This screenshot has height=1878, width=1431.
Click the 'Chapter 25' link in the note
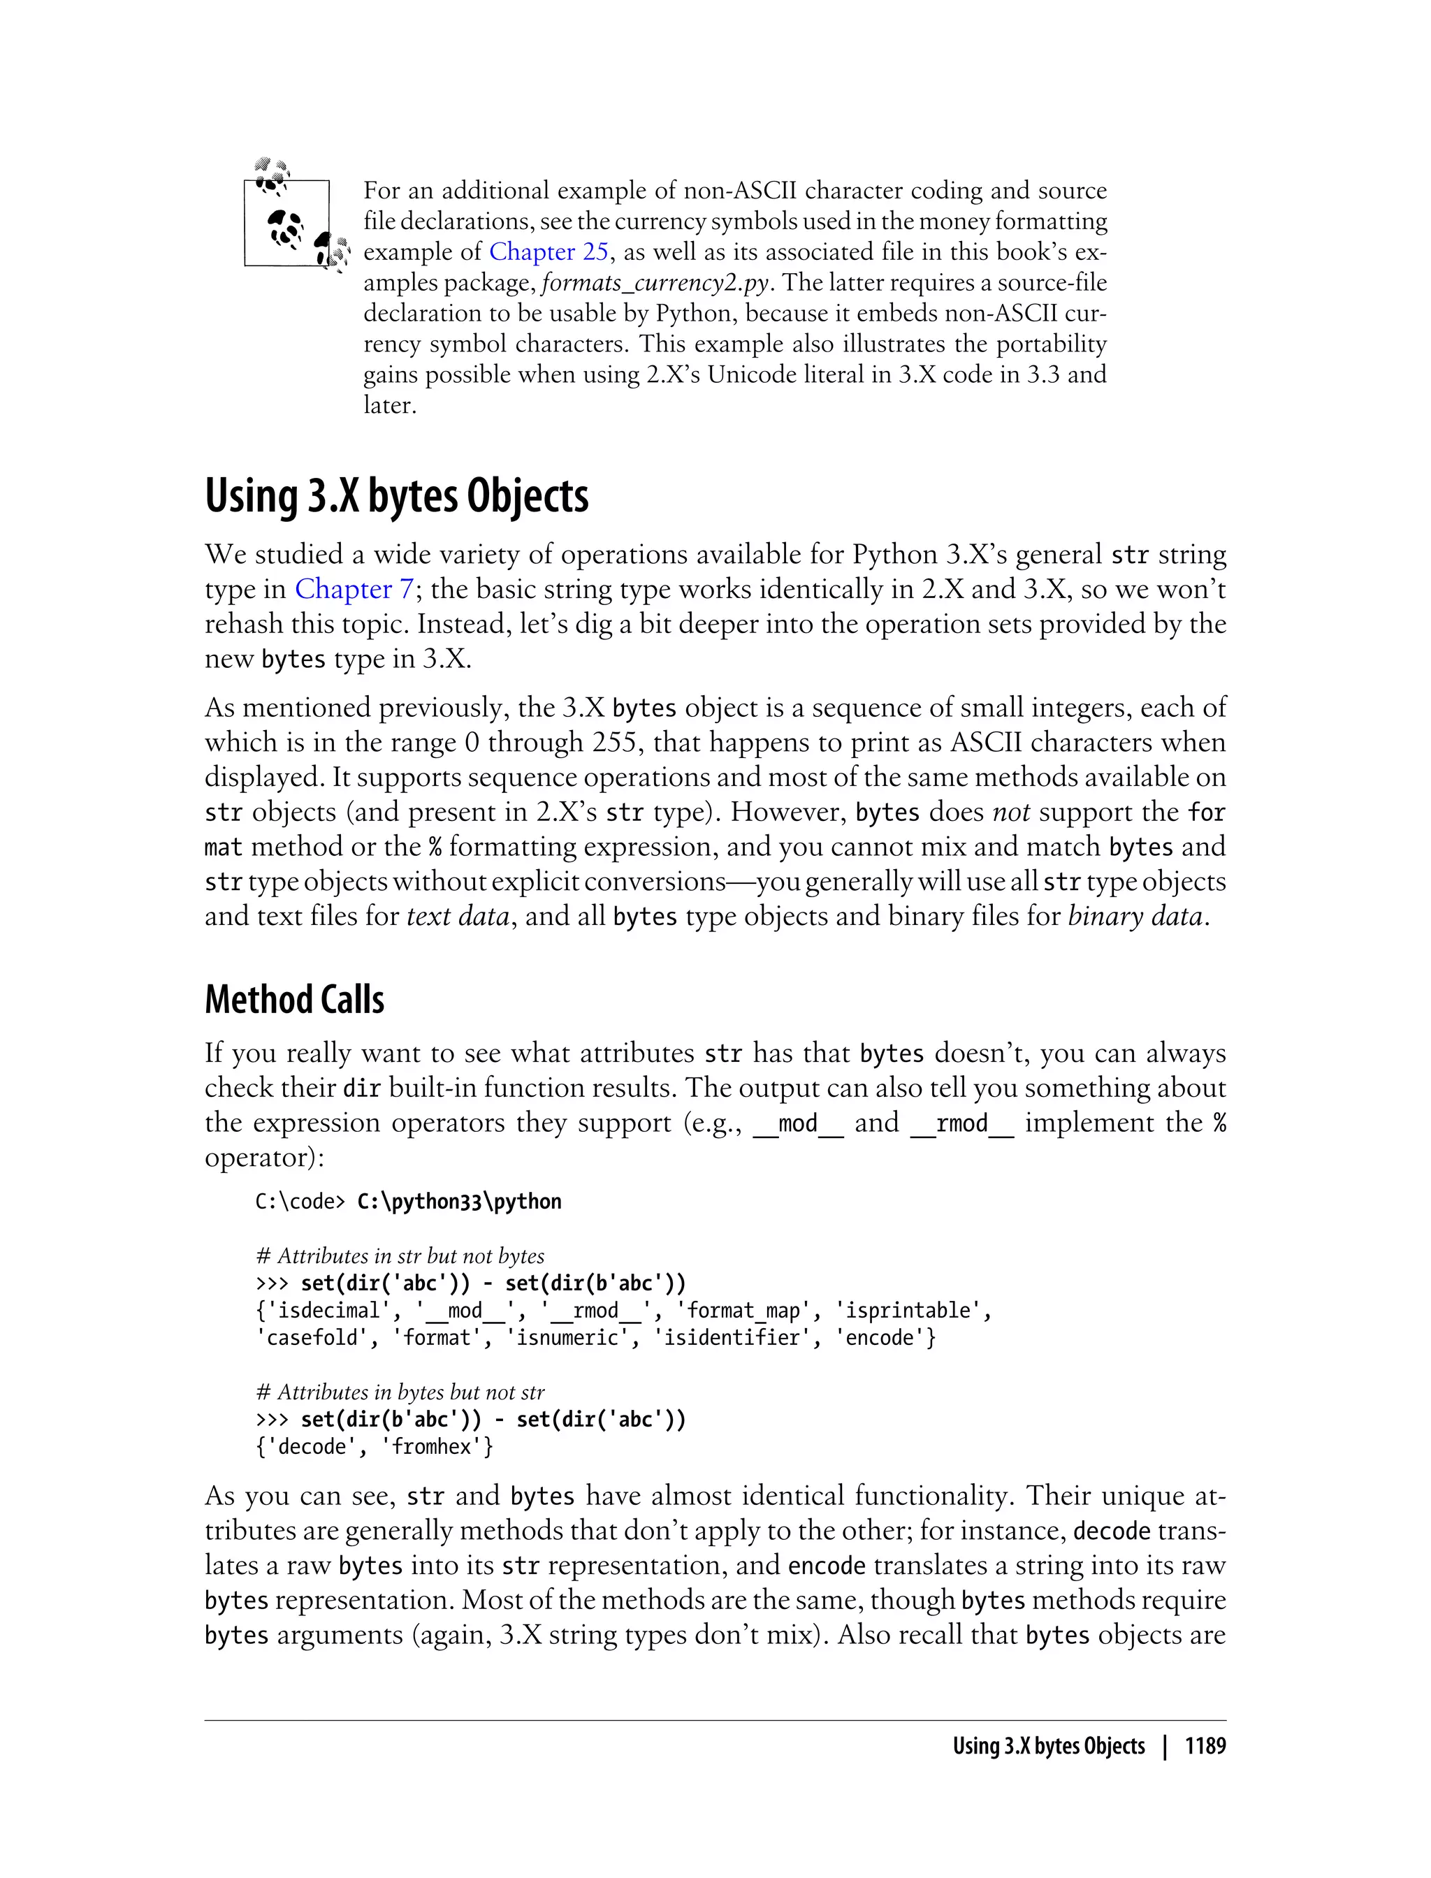click(549, 252)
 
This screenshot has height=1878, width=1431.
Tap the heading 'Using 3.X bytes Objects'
click(396, 497)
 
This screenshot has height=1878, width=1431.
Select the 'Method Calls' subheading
click(294, 1000)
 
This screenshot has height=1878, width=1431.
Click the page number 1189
click(1205, 1746)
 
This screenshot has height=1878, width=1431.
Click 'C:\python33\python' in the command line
click(459, 1202)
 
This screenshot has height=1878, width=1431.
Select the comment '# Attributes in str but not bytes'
click(400, 1256)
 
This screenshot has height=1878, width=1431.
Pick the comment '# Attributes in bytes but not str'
click(400, 1392)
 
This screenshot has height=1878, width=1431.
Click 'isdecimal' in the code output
click(328, 1311)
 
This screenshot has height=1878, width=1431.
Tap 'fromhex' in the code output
click(432, 1447)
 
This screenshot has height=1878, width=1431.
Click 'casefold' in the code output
click(312, 1338)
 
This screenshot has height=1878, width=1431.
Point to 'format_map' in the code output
click(743, 1311)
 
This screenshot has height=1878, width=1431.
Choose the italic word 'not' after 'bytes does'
click(1011, 813)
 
